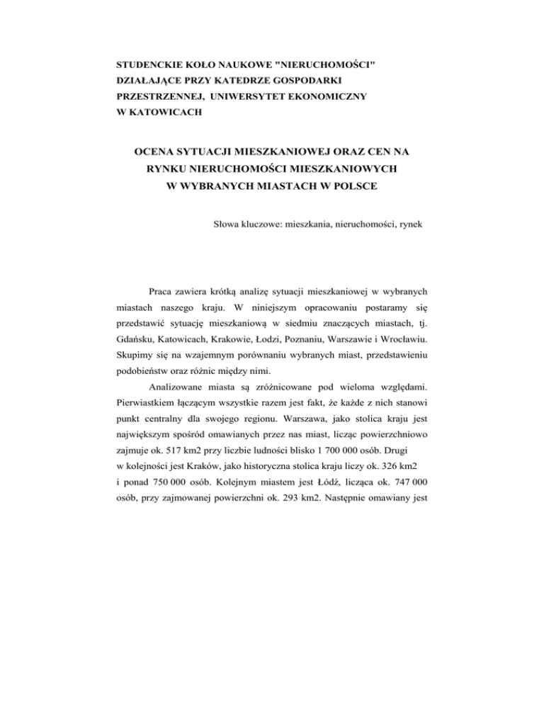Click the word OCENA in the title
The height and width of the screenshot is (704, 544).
tap(158, 152)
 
